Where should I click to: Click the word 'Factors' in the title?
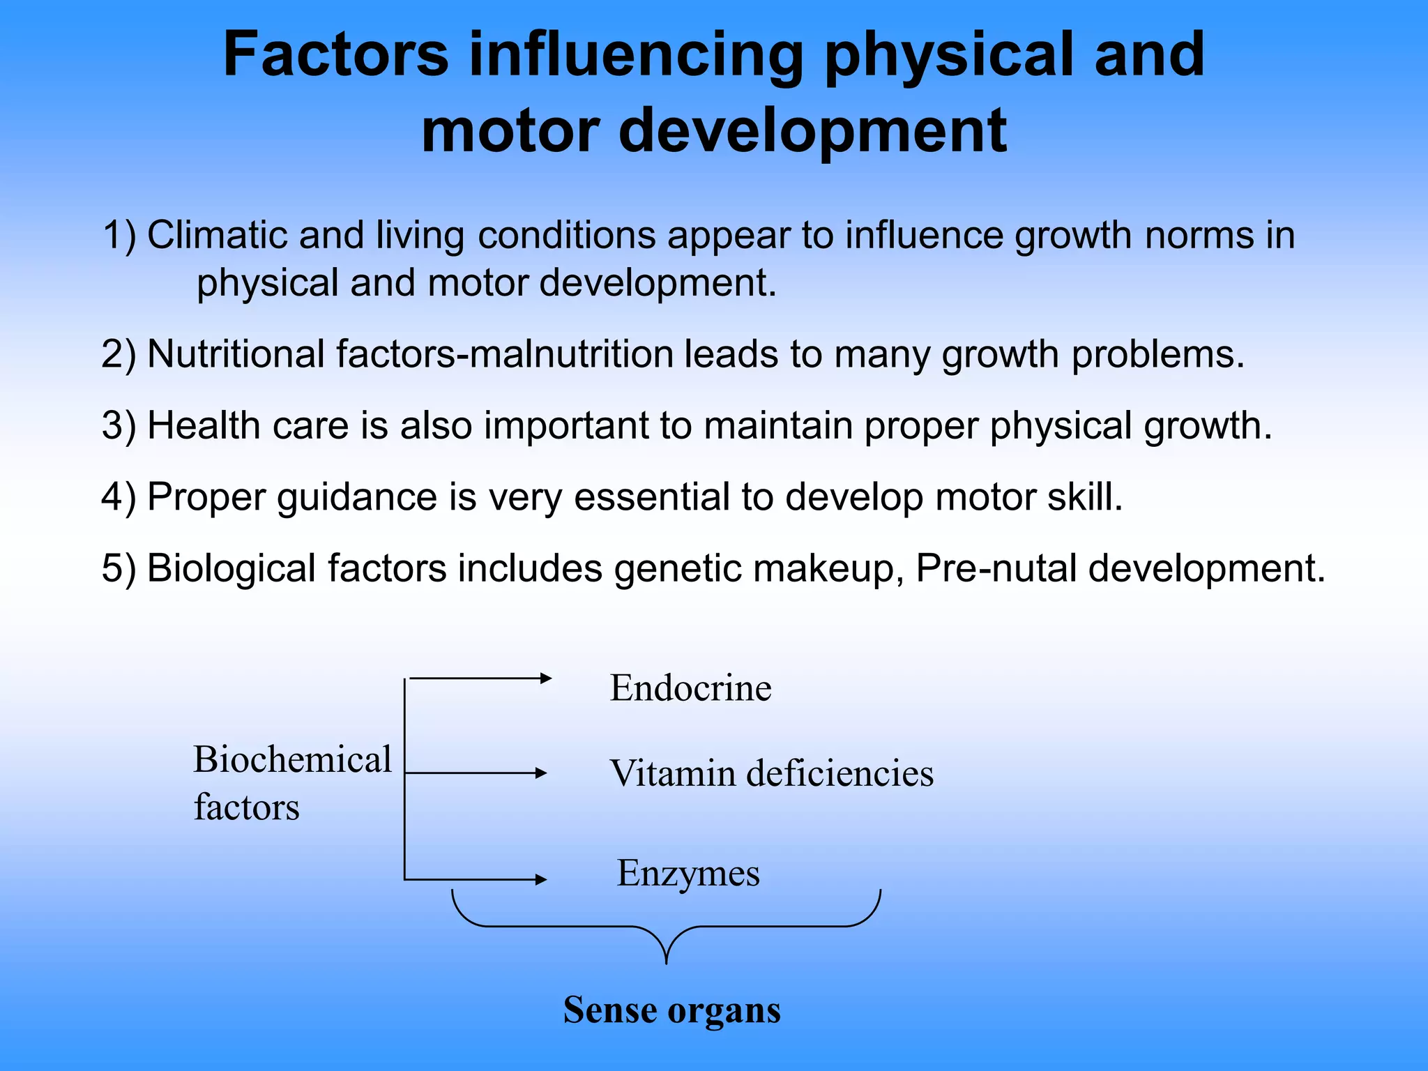pyautogui.click(x=335, y=55)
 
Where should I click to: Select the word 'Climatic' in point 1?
pyautogui.click(x=217, y=235)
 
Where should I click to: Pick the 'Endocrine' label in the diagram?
pyautogui.click(x=690, y=688)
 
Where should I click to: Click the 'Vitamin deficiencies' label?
pyautogui.click(x=771, y=773)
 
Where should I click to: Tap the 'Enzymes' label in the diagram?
pyautogui.click(x=688, y=873)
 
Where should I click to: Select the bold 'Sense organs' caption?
pyautogui.click(x=672, y=1010)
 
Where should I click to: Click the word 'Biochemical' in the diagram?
pyautogui.click(x=293, y=759)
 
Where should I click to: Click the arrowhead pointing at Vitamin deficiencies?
pyautogui.click(x=541, y=773)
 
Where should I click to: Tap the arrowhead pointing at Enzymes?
pyautogui.click(x=541, y=879)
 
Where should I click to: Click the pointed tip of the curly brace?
pyautogui.click(x=667, y=962)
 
